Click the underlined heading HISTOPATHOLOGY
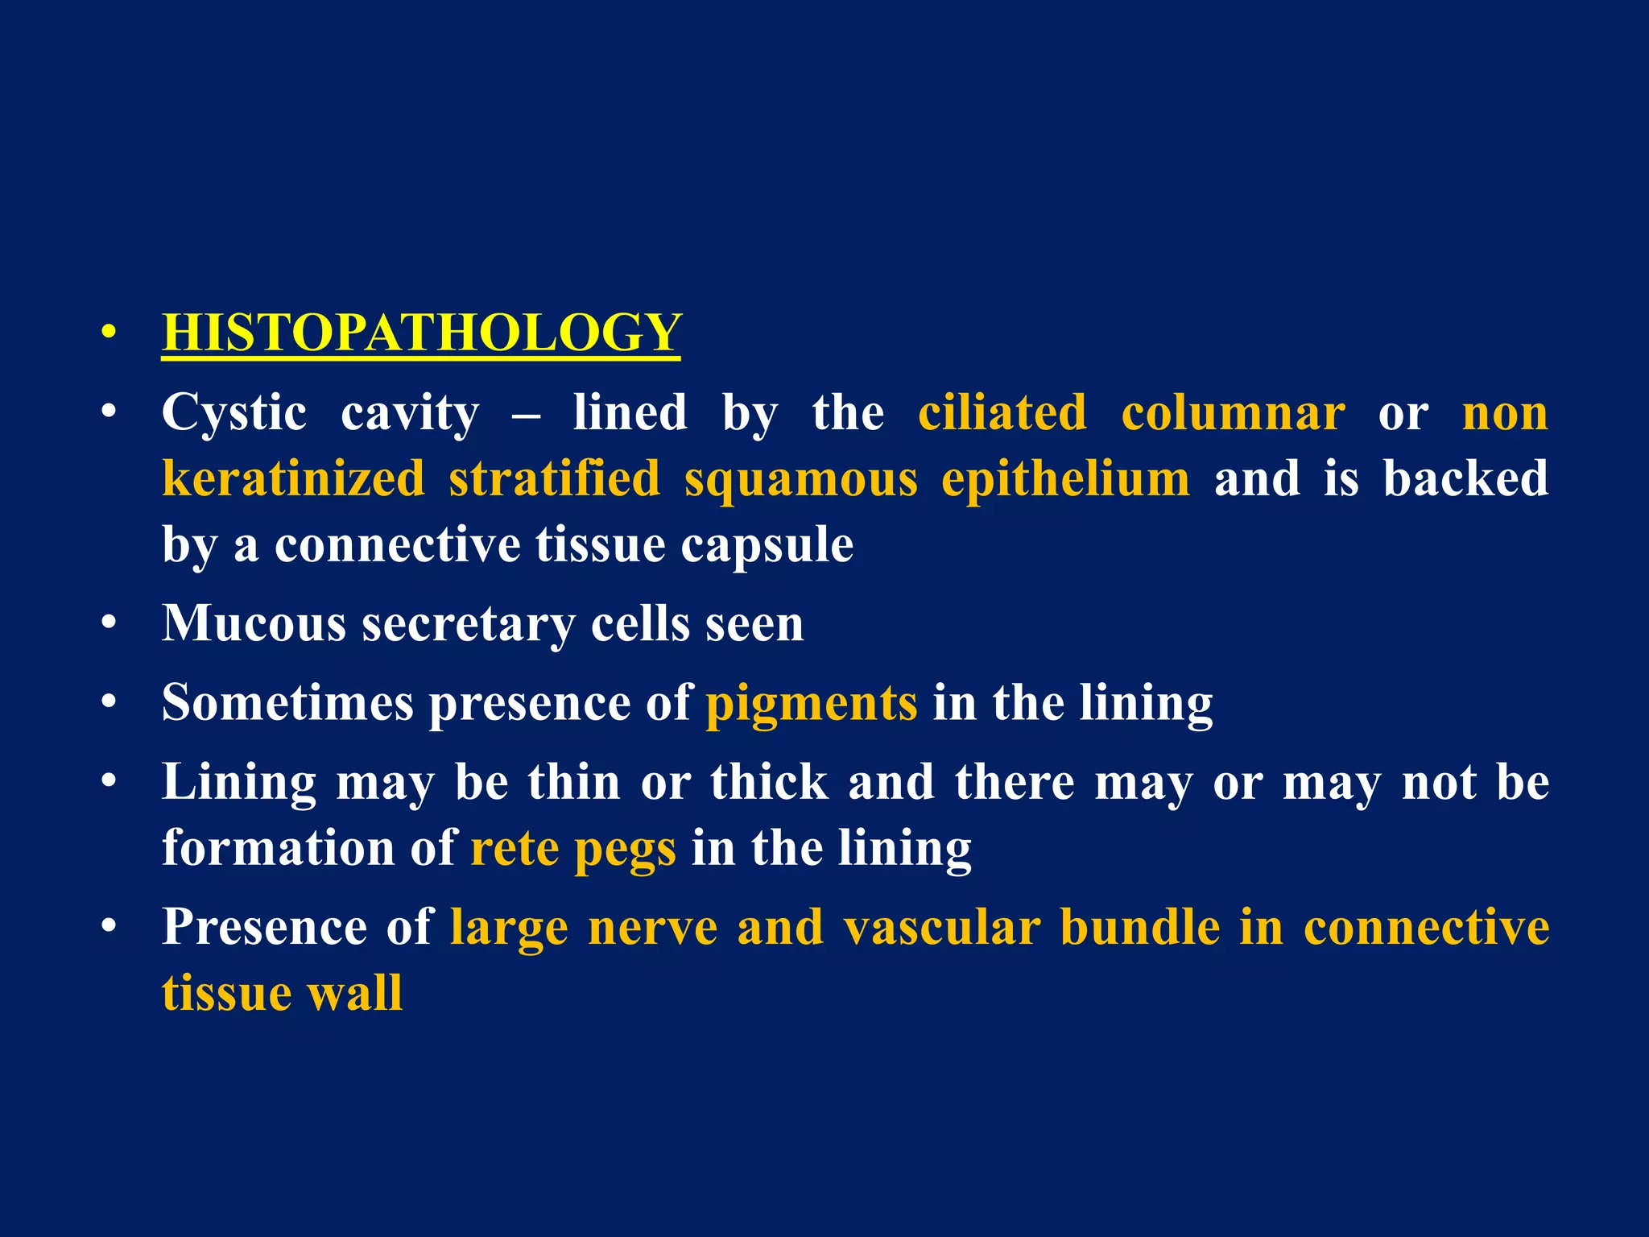[x=421, y=332]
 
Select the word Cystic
[x=234, y=413]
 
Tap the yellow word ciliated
[x=1002, y=413]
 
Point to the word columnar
[x=1233, y=413]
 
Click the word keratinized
[x=293, y=478]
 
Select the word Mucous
[x=254, y=623]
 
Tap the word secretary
[x=469, y=625]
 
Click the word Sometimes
[x=287, y=702]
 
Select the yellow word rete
[x=515, y=848]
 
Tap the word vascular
[x=942, y=927]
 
